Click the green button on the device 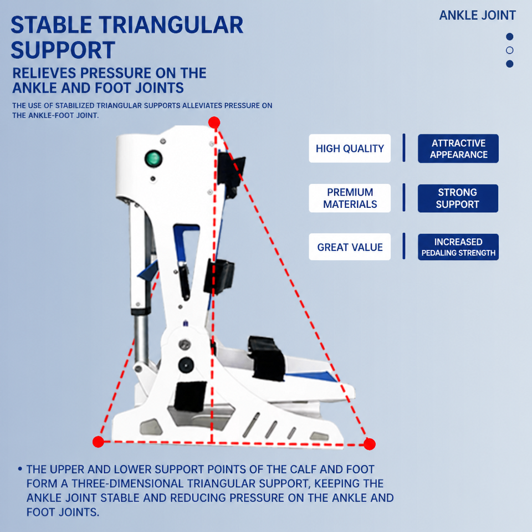154,159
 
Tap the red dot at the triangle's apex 214,122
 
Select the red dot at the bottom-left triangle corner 99,442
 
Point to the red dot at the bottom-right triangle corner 370,444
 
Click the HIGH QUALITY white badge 350,149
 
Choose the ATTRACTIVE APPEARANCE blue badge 458,149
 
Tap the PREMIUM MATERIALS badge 350,198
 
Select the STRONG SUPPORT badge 458,198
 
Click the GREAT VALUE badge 350,247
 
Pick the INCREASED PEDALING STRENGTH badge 458,247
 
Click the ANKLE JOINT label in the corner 477,16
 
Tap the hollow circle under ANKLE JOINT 510,50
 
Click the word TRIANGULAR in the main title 171,25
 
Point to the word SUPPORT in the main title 63,50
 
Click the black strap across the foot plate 267,359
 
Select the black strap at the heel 191,396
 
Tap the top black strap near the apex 231,173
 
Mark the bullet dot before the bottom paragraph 20,469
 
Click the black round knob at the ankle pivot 186,365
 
